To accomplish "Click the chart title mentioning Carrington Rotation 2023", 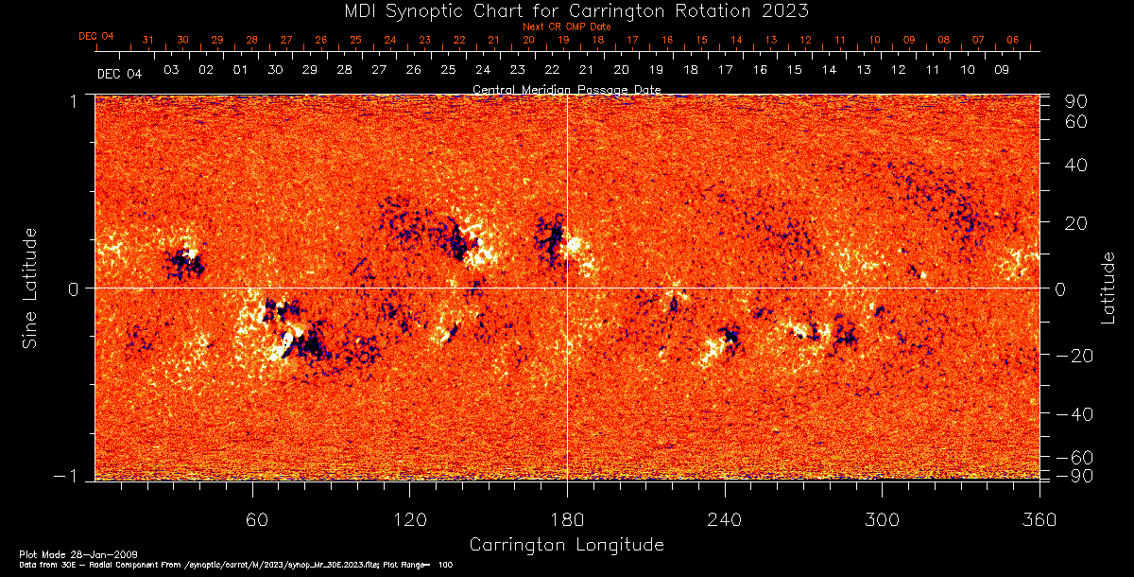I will tap(566, 10).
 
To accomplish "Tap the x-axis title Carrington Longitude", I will tap(566, 545).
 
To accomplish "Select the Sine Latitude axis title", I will tap(30, 287).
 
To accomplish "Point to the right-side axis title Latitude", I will tap(1108, 288).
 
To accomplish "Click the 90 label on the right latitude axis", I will tap(1078, 101).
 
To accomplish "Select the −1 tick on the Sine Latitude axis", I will tap(75, 477).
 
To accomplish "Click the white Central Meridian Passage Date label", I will tap(566, 90).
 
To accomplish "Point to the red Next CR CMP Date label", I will tap(567, 26).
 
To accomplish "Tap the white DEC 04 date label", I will tap(119, 73).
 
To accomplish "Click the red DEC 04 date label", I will tap(96, 36).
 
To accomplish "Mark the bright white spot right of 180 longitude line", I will tap(575, 245).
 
